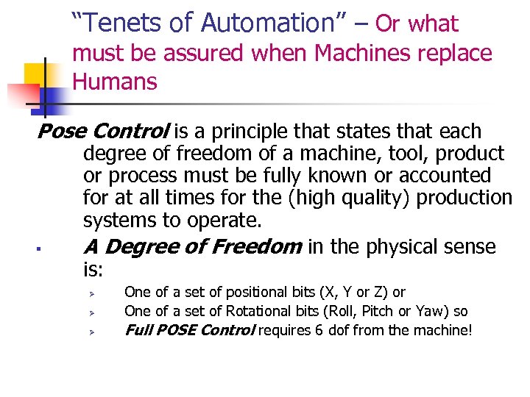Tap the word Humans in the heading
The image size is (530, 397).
click(115, 81)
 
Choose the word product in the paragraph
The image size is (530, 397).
click(466, 154)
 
